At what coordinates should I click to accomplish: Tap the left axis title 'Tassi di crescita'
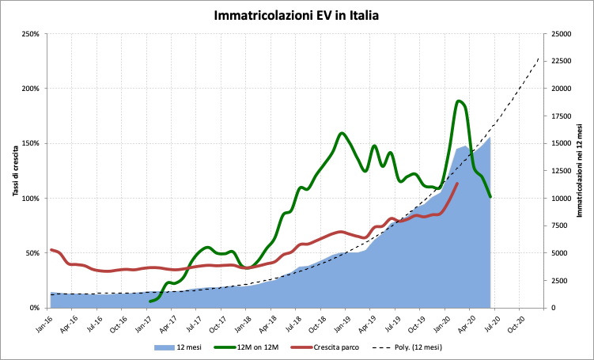(x=17, y=170)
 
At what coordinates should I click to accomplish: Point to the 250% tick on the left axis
(x=32, y=34)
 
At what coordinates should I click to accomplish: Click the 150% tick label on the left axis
(x=32, y=143)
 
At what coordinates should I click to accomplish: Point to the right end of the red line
(x=457, y=184)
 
